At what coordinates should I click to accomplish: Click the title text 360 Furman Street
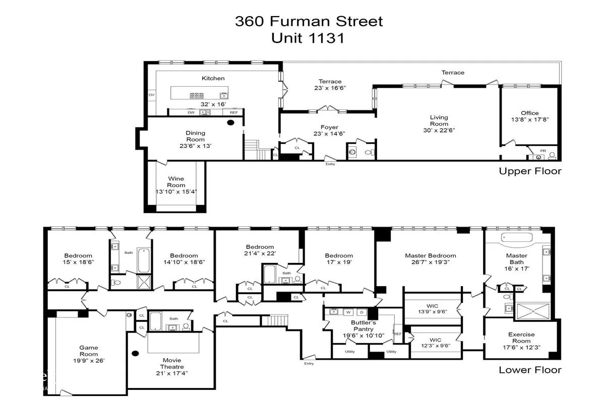[309, 21]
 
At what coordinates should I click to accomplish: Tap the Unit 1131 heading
[308, 38]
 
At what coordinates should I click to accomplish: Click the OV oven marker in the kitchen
[151, 95]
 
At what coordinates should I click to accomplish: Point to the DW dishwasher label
[191, 112]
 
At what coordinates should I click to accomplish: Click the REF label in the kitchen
[233, 112]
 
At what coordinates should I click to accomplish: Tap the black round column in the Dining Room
[231, 122]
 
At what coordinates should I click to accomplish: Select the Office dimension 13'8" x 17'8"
[530, 119]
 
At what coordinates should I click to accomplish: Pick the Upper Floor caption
[530, 171]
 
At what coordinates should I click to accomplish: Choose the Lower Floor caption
[530, 370]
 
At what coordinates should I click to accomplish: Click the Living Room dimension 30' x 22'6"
[439, 130]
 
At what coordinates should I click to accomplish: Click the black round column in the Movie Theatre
[135, 354]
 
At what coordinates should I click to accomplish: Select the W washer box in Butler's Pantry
[347, 311]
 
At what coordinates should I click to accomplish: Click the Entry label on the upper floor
[330, 164]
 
